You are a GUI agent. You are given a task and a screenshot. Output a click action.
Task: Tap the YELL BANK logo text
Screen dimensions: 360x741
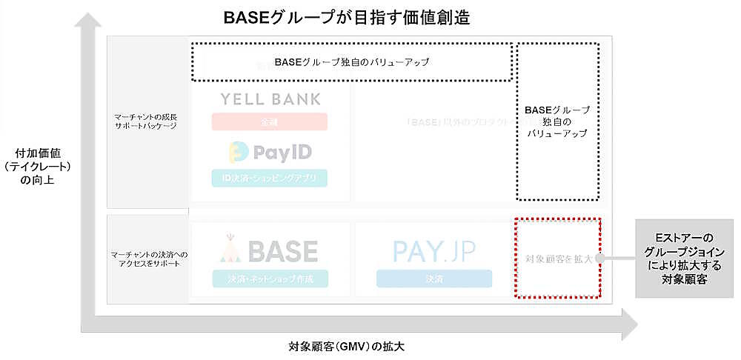(x=270, y=99)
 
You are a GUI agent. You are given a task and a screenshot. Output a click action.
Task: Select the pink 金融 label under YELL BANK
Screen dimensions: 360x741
(x=270, y=121)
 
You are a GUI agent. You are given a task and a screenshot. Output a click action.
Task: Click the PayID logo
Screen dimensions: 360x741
(x=270, y=153)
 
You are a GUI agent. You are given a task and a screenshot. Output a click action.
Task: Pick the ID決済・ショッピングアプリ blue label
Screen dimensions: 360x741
(x=270, y=178)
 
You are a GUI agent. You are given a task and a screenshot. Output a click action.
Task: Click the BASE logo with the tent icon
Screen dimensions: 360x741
(x=270, y=251)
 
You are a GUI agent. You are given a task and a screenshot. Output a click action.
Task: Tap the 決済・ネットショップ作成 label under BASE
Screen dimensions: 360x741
(x=270, y=279)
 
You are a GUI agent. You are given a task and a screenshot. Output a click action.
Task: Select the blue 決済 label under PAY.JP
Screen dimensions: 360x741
(x=433, y=279)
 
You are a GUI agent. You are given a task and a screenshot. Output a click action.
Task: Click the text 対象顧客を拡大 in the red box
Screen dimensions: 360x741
(x=556, y=259)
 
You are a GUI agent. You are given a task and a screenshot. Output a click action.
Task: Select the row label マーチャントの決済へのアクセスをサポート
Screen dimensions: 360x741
(x=146, y=259)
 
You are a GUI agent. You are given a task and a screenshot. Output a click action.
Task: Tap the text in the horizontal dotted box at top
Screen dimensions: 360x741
(x=351, y=62)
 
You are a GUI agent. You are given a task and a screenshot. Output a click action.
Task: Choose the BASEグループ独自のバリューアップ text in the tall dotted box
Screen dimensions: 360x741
(x=556, y=122)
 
